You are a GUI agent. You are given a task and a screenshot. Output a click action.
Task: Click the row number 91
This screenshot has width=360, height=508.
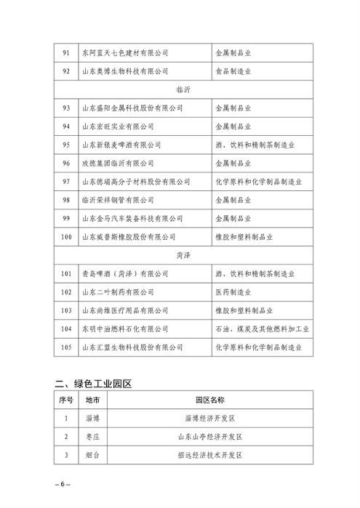(x=66, y=53)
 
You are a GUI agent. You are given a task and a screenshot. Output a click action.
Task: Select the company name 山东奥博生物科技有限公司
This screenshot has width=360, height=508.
(x=124, y=71)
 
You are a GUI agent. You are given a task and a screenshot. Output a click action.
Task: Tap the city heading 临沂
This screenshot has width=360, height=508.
(x=184, y=89)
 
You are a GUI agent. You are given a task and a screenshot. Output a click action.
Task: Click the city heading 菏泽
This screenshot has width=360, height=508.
(x=184, y=255)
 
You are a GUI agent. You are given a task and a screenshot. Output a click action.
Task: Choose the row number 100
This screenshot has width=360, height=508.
(x=66, y=236)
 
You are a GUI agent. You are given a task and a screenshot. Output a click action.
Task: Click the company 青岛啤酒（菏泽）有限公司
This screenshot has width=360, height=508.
(x=124, y=274)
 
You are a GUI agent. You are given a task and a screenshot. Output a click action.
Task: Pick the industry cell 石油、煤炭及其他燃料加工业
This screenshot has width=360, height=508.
(x=263, y=328)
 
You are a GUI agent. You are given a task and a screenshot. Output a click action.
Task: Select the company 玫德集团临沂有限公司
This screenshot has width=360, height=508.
(x=117, y=163)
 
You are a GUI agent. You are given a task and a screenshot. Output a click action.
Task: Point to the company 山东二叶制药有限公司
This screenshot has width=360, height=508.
(x=117, y=292)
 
